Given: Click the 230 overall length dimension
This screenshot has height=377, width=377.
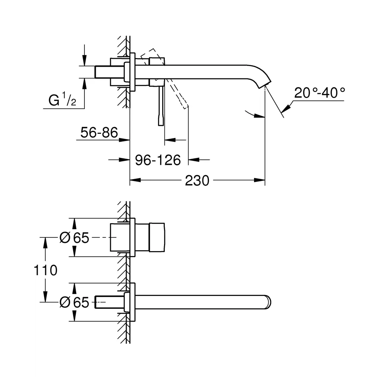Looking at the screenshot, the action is (197, 181).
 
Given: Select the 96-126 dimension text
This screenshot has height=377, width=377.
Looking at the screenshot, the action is (158, 160).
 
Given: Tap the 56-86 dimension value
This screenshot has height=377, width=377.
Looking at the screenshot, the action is (99, 132).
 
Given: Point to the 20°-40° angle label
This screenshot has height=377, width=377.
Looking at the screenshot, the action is (320, 93).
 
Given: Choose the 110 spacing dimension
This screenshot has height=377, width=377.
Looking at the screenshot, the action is (45, 270).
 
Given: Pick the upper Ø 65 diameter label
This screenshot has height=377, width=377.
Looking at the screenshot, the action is (74, 238).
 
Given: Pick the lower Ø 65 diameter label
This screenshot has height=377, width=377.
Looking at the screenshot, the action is (74, 302).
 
